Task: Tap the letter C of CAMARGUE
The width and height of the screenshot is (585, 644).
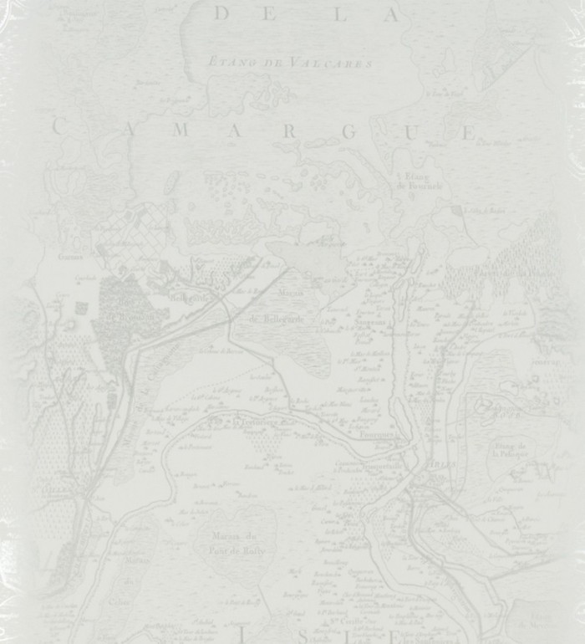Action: pos(58,127)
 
